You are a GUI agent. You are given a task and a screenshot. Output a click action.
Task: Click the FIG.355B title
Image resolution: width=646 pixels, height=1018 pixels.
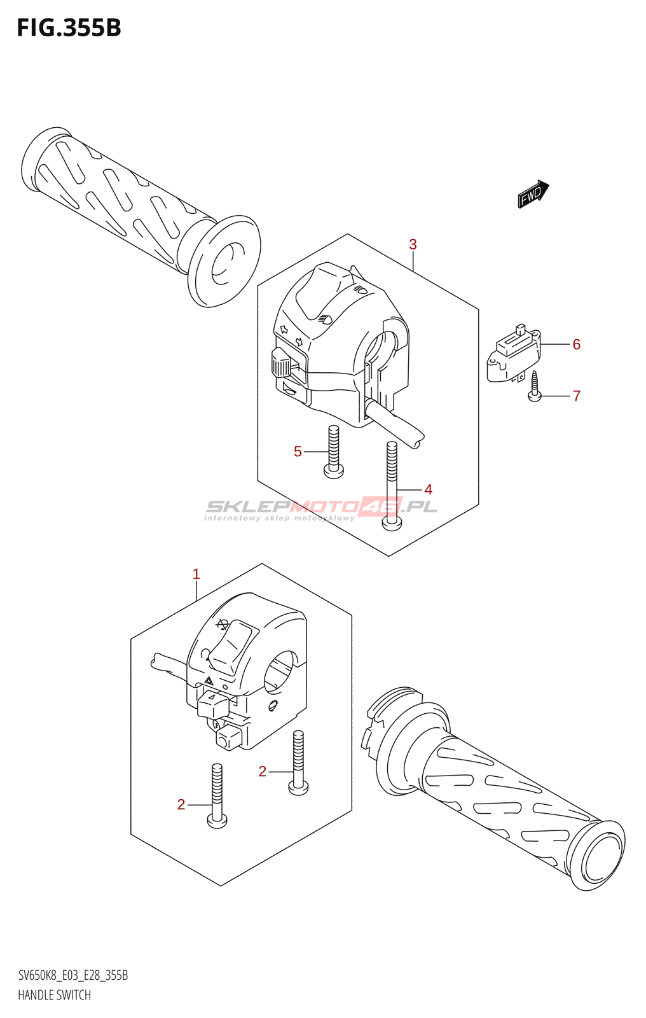[69, 28]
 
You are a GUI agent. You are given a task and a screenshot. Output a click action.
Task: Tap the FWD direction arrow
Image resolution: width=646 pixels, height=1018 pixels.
[534, 194]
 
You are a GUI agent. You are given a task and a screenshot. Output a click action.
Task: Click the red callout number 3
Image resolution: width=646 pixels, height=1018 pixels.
[413, 244]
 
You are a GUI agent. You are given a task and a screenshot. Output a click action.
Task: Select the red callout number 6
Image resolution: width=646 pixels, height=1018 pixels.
[576, 344]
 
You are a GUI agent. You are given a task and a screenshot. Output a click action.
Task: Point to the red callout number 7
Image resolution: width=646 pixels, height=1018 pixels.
[577, 396]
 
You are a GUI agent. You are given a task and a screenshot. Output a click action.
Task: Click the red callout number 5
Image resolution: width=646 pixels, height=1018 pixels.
[298, 451]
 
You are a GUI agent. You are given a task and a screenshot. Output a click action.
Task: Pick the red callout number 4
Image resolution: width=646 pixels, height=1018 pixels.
[428, 489]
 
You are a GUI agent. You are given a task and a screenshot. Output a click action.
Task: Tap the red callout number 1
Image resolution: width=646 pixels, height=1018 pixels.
[196, 574]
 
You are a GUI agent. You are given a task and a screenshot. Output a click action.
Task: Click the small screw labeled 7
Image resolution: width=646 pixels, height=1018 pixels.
[534, 386]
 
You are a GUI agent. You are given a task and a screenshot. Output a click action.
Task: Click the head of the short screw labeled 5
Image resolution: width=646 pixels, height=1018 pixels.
[334, 470]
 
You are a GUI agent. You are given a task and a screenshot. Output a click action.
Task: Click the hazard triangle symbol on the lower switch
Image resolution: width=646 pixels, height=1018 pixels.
[209, 680]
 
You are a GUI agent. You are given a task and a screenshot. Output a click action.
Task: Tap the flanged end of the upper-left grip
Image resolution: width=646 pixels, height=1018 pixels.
[224, 267]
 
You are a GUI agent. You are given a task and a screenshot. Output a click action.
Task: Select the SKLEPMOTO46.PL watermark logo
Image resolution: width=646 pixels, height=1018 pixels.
[322, 508]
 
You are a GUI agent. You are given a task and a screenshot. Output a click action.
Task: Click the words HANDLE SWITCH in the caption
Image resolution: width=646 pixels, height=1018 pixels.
[55, 995]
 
